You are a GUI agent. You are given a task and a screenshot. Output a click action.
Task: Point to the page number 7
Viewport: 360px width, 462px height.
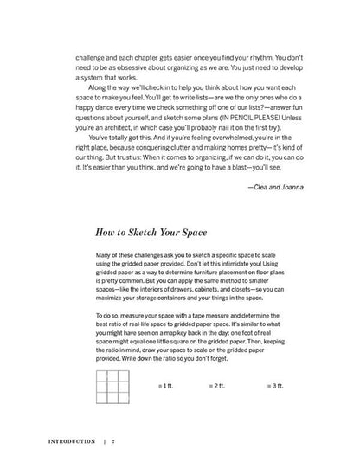[113, 440]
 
